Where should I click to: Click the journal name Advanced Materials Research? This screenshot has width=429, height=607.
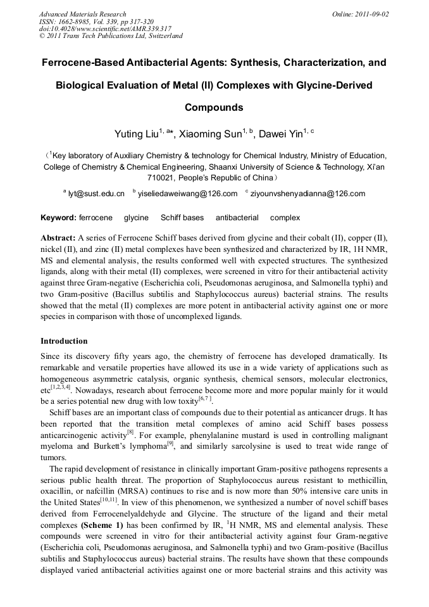pyautogui.click(x=82, y=14)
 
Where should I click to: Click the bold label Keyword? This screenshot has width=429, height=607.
pyautogui.click(x=58, y=218)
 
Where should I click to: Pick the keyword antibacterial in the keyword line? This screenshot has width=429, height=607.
pyautogui.click(x=237, y=218)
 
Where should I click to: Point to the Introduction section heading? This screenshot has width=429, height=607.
pyautogui.click(x=64, y=341)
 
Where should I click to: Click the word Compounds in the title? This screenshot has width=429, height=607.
pyautogui.click(x=214, y=107)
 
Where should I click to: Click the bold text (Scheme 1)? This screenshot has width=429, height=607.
pyautogui.click(x=104, y=525)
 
